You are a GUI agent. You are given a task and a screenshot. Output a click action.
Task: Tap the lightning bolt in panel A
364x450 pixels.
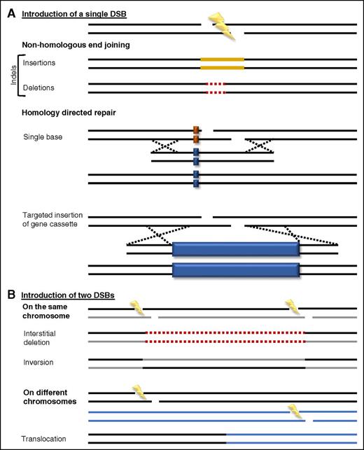pyautogui.click(x=227, y=22)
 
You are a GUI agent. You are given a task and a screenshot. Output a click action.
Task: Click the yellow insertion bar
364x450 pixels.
pyautogui.click(x=222, y=64)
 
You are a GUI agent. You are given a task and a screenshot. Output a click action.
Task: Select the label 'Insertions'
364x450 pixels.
pyautogui.click(x=38, y=63)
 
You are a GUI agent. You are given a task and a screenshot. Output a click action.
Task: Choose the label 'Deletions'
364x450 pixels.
pyautogui.click(x=37, y=88)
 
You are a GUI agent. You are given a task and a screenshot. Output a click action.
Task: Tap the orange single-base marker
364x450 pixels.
pyautogui.click(x=197, y=134)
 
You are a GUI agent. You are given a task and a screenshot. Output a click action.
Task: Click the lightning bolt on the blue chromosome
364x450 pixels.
pyautogui.click(x=298, y=412)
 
